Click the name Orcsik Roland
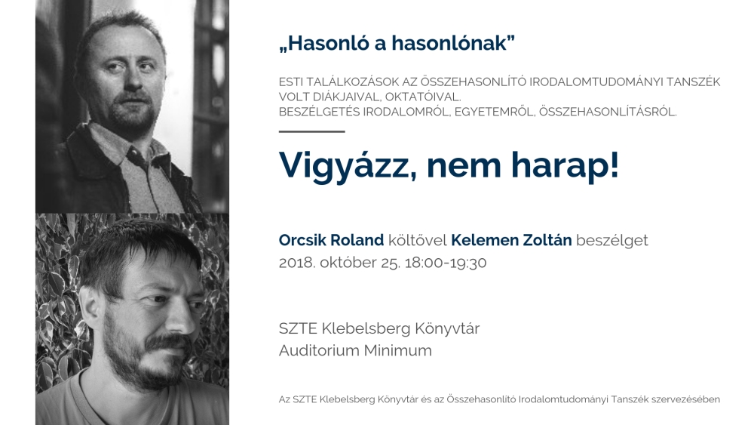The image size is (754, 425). tap(331, 240)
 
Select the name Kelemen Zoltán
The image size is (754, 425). tap(511, 240)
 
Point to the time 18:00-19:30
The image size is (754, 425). tap(446, 263)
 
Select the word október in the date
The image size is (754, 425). tap(348, 263)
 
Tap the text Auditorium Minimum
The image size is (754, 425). tap(355, 350)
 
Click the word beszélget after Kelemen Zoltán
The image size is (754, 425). tap(611, 240)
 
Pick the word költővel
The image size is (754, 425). tap(418, 240)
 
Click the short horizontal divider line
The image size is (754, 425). tap(311, 131)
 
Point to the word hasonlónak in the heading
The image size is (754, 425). tap(449, 43)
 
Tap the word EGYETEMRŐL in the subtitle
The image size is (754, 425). tap(495, 112)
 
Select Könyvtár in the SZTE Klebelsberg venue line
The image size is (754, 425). tap(447, 328)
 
